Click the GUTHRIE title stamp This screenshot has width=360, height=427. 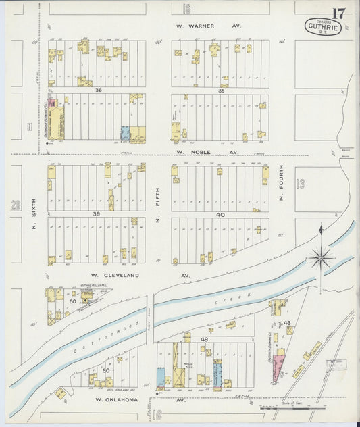323,28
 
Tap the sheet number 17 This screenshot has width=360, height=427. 339,13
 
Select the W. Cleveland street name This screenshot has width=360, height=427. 115,276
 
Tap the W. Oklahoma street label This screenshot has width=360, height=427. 116,399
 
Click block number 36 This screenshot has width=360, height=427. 99,90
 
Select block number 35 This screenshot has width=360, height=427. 221,90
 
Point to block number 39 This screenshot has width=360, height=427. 97,214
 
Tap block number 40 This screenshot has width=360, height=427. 220,214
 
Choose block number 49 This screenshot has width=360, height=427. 204,338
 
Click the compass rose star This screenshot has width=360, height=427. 320,257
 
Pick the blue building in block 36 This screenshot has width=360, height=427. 125,132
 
